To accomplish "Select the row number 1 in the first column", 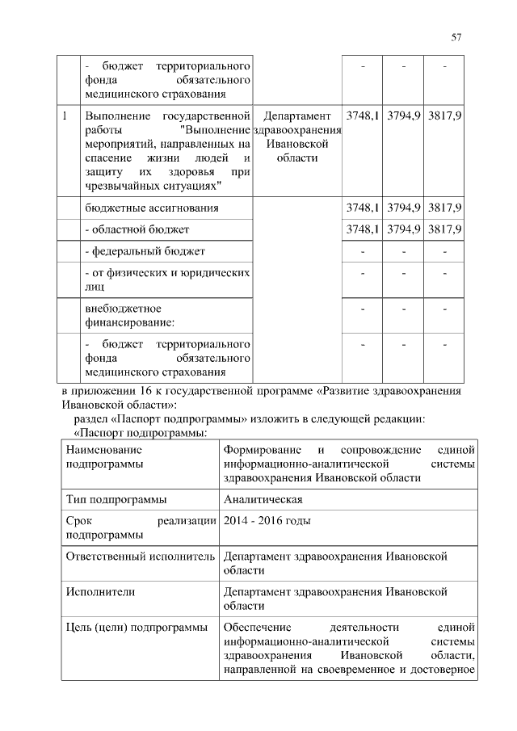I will coord(64,116).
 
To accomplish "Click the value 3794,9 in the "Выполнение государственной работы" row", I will coord(404,116).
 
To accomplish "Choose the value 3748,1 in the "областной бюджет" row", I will coord(363,229).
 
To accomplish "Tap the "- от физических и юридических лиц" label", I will coord(166,279).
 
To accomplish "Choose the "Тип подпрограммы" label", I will coord(116,498).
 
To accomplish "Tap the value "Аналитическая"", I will coord(263,498).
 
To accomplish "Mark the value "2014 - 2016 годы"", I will coord(267,520).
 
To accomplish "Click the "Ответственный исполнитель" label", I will coord(139,557).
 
